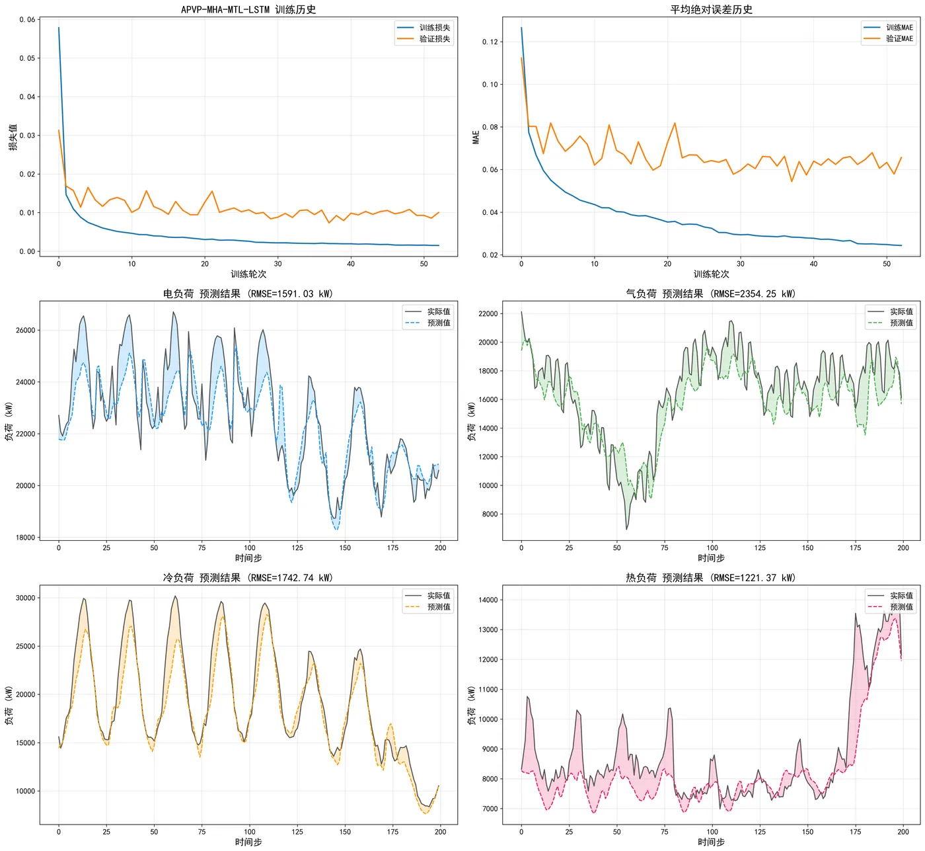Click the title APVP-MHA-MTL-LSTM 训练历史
click(248, 9)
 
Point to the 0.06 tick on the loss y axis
click(27, 20)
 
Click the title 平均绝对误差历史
click(711, 9)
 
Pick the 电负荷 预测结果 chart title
click(248, 294)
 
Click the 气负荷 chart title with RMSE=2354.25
click(711, 294)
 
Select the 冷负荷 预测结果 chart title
click(248, 578)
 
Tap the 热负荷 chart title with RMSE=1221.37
click(711, 578)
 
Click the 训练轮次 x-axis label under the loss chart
click(248, 274)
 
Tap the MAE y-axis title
click(476, 137)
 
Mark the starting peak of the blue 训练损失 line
click(59, 28)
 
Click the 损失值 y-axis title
click(13, 137)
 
